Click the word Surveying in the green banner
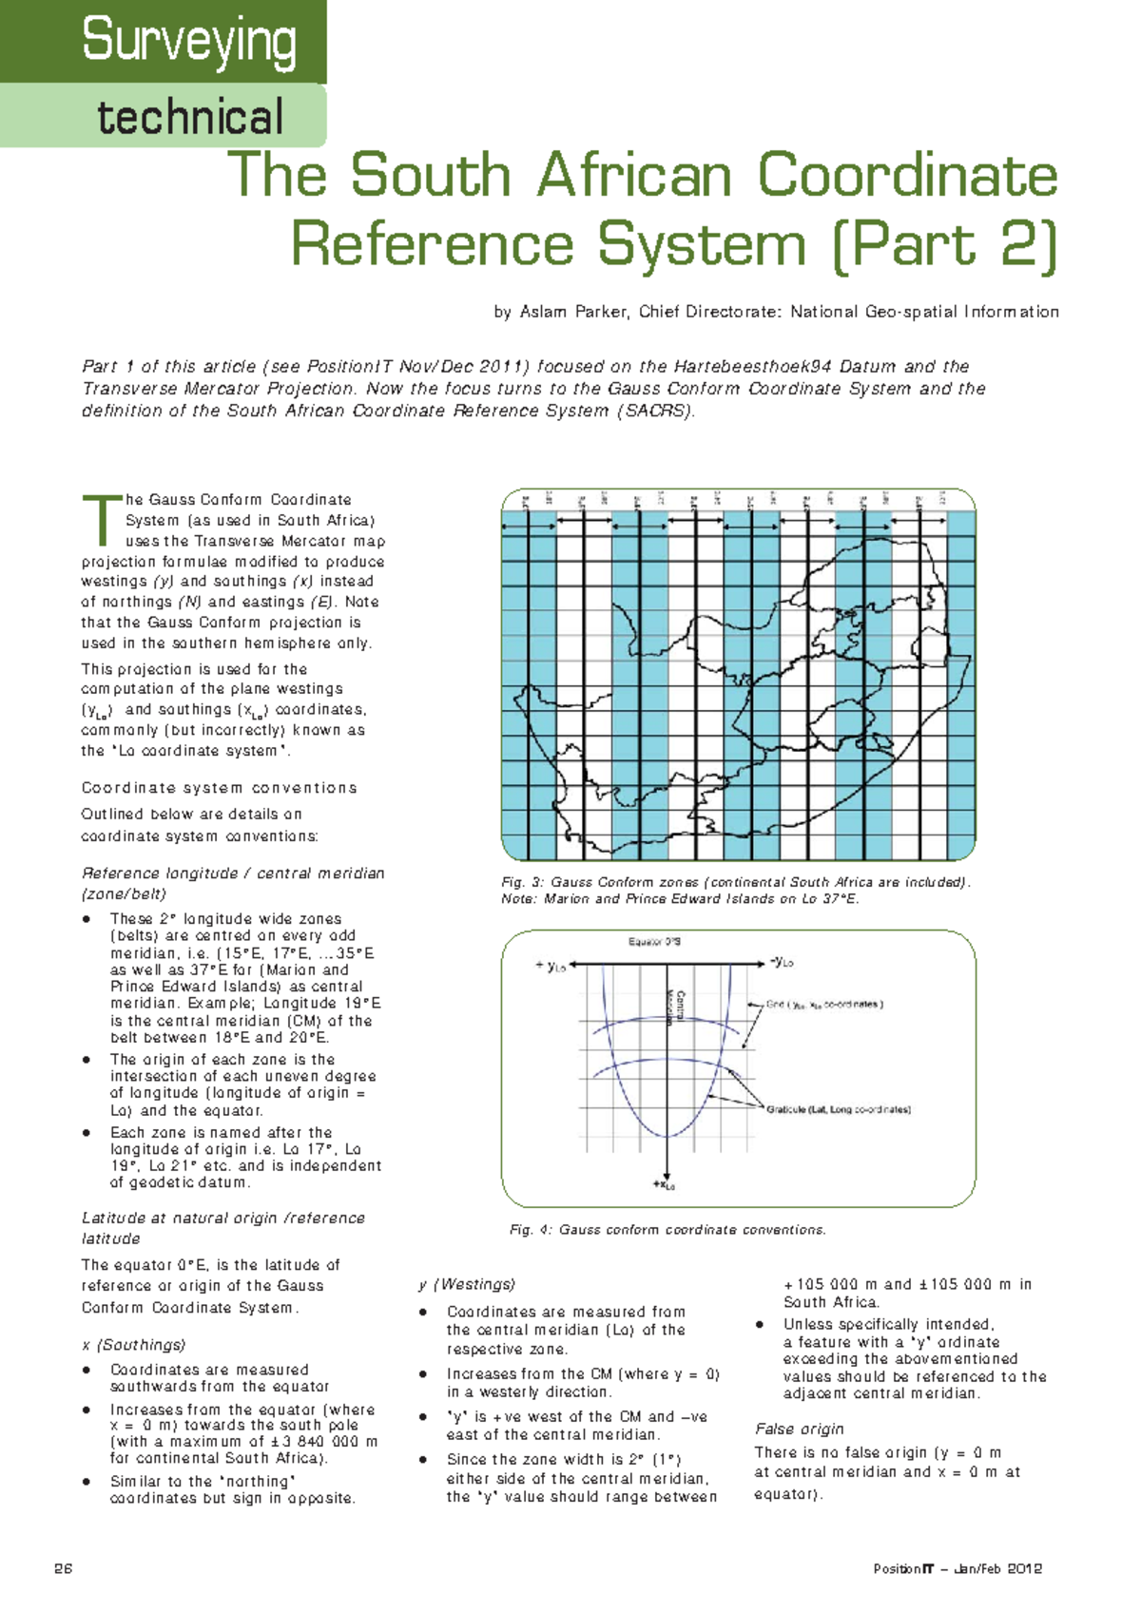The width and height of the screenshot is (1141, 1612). pos(188,40)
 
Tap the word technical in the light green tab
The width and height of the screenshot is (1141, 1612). pos(190,117)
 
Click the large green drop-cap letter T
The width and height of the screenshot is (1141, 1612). pos(101,521)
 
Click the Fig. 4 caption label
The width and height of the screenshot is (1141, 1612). pos(531,1230)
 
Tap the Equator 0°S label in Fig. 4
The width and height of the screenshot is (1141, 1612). pos(654,942)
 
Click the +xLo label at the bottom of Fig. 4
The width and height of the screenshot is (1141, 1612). pos(664,1185)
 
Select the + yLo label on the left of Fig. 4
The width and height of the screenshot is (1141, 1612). pos(551,966)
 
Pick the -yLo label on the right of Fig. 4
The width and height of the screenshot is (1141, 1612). pos(781,962)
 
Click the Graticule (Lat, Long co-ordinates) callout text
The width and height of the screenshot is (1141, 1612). pos(839,1109)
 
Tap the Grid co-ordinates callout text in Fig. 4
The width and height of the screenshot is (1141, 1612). pos(824,1004)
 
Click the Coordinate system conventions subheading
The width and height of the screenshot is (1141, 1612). pos(219,788)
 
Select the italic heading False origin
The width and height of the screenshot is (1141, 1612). pos(799,1429)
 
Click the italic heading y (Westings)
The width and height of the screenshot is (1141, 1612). pos(467,1284)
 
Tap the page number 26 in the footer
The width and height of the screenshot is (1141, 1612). pos(64,1569)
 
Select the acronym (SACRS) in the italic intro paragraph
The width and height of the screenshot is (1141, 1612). pos(656,411)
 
